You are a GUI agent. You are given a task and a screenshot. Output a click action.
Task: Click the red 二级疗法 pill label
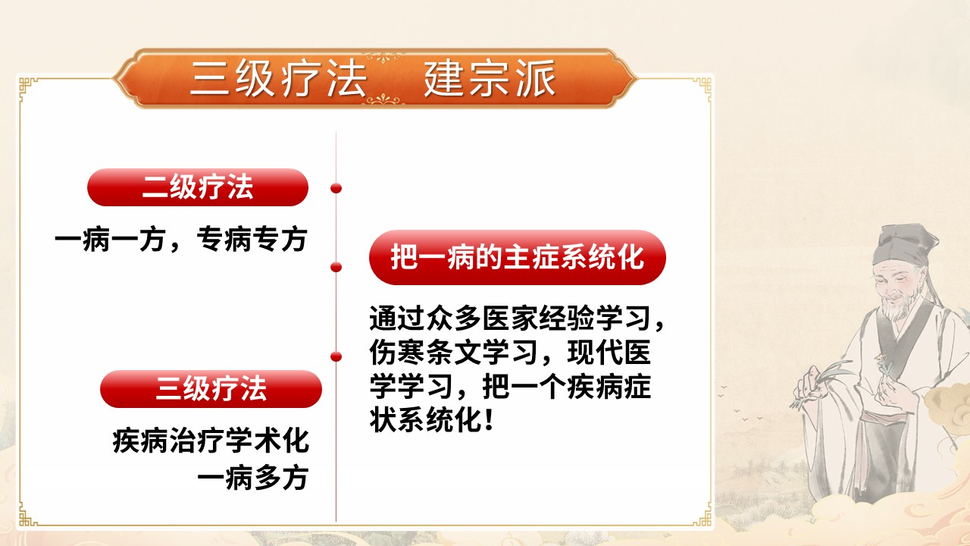198,187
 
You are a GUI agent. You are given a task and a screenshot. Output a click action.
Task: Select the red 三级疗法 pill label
211,389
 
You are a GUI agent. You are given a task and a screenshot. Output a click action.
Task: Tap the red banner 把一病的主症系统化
517,257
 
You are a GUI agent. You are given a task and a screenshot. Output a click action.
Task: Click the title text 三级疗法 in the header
278,80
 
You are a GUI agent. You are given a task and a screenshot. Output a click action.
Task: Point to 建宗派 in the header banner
490,80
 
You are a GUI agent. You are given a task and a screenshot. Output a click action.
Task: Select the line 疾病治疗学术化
211,441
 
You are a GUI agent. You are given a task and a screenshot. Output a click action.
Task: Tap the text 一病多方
252,478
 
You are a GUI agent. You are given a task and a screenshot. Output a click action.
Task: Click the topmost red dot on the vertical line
336,187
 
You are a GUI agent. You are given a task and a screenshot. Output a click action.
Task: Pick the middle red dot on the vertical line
336,266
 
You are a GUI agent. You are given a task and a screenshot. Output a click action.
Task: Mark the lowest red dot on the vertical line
336,356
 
